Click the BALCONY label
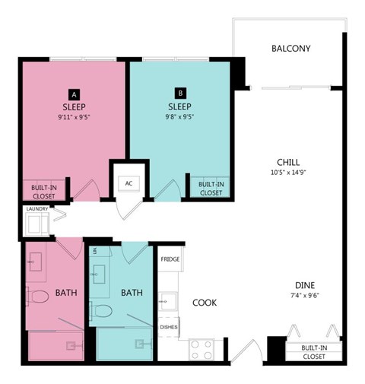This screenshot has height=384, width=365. [291, 49]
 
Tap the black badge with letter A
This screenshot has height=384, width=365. [74, 94]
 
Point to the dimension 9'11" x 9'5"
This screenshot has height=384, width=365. [74, 118]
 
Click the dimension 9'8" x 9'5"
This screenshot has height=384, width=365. [180, 118]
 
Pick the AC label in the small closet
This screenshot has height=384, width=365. [129, 183]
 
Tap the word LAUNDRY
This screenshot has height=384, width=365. [37, 209]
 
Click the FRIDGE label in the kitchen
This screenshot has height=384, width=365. [170, 259]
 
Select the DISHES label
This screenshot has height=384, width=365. [169, 328]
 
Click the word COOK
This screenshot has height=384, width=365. [204, 303]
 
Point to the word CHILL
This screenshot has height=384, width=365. [288, 162]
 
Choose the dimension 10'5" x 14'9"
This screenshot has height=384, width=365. [288, 173]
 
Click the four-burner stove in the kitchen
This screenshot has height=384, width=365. [201, 349]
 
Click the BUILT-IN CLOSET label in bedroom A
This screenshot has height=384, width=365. [43, 190]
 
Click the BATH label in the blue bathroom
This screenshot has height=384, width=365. [132, 293]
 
